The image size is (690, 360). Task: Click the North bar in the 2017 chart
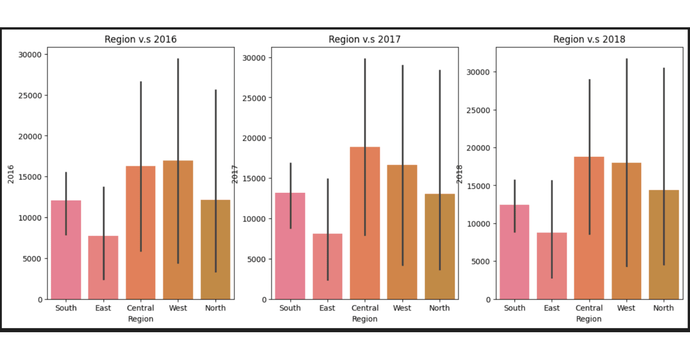439,247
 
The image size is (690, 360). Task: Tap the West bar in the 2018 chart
626,231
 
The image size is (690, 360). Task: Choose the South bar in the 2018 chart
514,252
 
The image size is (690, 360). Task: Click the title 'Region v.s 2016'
140,39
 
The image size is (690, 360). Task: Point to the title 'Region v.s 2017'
365,39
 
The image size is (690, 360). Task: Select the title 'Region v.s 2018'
589,39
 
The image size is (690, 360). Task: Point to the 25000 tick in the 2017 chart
257,98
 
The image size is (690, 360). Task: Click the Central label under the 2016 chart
140,308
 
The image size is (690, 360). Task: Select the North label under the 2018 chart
663,308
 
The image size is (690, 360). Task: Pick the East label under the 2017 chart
327,308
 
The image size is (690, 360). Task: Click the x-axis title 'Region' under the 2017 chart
365,319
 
